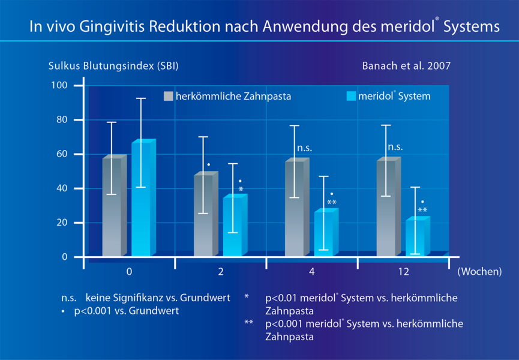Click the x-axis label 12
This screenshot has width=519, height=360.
403,272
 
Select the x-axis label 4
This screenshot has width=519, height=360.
312,272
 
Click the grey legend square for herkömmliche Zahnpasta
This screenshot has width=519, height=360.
169,96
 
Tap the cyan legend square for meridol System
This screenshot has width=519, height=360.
352,96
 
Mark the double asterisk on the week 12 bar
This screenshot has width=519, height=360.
422,211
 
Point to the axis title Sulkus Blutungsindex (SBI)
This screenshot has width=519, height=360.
113,65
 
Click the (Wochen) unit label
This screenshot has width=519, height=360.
479,272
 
